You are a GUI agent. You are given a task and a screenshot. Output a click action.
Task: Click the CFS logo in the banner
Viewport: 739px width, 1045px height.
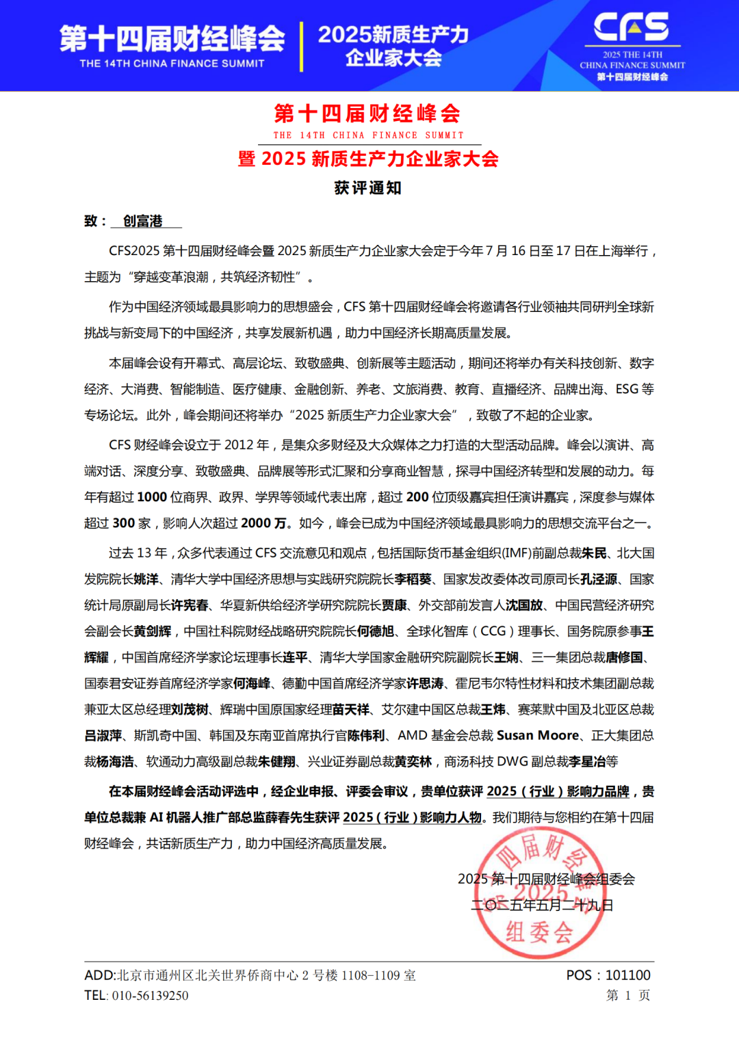coord(631,27)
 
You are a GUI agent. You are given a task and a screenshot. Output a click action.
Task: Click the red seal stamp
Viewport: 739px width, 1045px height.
coord(540,893)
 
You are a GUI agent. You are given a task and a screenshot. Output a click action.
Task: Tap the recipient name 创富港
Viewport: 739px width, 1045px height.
coord(143,221)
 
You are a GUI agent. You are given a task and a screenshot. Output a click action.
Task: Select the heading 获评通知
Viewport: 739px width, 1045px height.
coord(368,188)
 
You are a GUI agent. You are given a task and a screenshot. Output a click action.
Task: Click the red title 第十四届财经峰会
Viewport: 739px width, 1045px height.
coord(367,114)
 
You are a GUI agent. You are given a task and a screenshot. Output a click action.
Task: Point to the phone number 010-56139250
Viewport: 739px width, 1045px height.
coord(150,996)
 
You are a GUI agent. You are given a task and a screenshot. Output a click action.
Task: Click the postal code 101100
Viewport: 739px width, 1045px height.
coord(628,975)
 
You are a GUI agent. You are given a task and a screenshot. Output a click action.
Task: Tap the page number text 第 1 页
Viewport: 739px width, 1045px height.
coord(628,996)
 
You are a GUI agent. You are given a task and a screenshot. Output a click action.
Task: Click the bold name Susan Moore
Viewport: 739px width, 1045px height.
coord(538,735)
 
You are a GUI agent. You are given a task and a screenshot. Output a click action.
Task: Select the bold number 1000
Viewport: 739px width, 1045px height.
coord(152,497)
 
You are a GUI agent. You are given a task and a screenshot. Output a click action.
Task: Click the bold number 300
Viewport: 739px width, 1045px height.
coord(123,523)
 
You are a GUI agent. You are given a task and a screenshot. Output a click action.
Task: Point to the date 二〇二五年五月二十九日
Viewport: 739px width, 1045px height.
coord(542,905)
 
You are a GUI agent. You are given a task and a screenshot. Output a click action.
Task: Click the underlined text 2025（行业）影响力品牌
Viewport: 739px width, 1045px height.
coord(558,791)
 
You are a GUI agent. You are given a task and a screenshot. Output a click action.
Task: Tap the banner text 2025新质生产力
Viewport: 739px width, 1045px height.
coord(393,34)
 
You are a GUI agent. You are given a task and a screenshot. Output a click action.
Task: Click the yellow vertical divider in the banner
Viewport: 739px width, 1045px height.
coord(301,47)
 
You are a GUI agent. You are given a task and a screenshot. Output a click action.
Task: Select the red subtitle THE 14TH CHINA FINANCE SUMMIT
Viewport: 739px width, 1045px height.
coord(368,135)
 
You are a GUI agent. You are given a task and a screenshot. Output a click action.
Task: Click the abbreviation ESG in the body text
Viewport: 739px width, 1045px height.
coord(627,389)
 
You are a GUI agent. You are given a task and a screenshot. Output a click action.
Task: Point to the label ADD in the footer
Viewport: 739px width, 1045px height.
coord(100,975)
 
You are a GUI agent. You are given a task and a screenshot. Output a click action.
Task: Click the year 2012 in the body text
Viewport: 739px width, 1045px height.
coord(239,445)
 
